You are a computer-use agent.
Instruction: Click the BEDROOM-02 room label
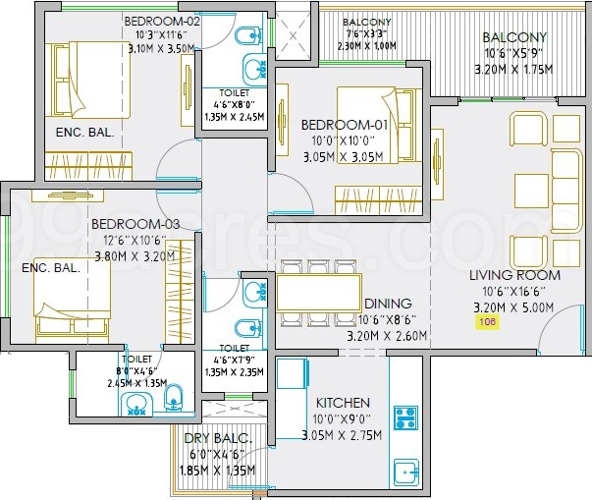163,20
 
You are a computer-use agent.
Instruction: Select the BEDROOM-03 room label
135,224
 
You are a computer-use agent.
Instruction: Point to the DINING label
388,304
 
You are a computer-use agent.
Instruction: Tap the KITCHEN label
342,403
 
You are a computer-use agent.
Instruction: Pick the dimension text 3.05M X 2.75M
342,435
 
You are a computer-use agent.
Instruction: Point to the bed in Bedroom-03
69,305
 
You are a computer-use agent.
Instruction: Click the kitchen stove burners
405,417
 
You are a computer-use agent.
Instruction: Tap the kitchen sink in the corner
405,472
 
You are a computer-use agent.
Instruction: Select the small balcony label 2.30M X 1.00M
366,45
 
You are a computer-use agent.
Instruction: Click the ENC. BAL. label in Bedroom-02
86,132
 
